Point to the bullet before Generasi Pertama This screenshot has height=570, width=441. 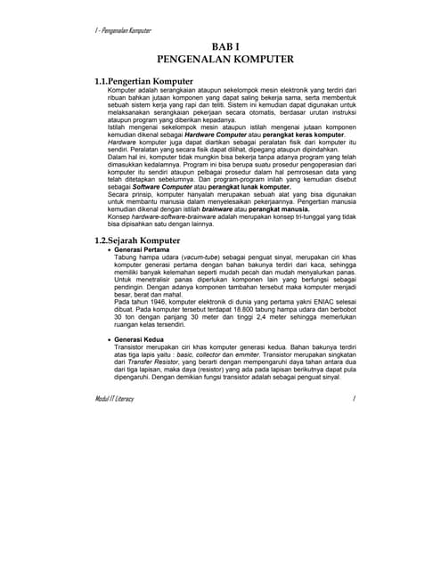click(110, 251)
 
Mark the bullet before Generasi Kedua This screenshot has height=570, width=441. click(110, 339)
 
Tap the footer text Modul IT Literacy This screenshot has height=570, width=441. click(115, 398)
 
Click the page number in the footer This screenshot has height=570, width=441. click(354, 398)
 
